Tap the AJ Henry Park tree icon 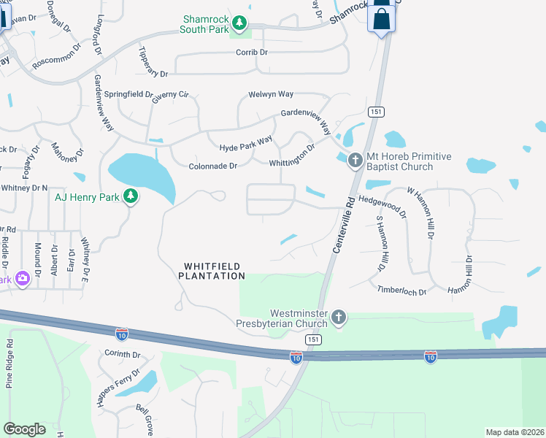click(x=131, y=196)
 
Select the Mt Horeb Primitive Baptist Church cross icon click(x=355, y=159)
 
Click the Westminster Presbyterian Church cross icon click(x=338, y=317)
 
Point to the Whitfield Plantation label click(x=212, y=271)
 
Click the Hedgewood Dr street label click(x=382, y=207)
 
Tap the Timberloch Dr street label click(x=401, y=291)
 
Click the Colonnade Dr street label click(x=213, y=166)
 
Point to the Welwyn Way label click(x=271, y=94)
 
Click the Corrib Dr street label click(x=252, y=53)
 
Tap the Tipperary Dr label click(x=153, y=64)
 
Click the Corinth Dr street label click(x=122, y=354)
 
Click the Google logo click(x=24, y=429)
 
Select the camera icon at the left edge click(x=22, y=277)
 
